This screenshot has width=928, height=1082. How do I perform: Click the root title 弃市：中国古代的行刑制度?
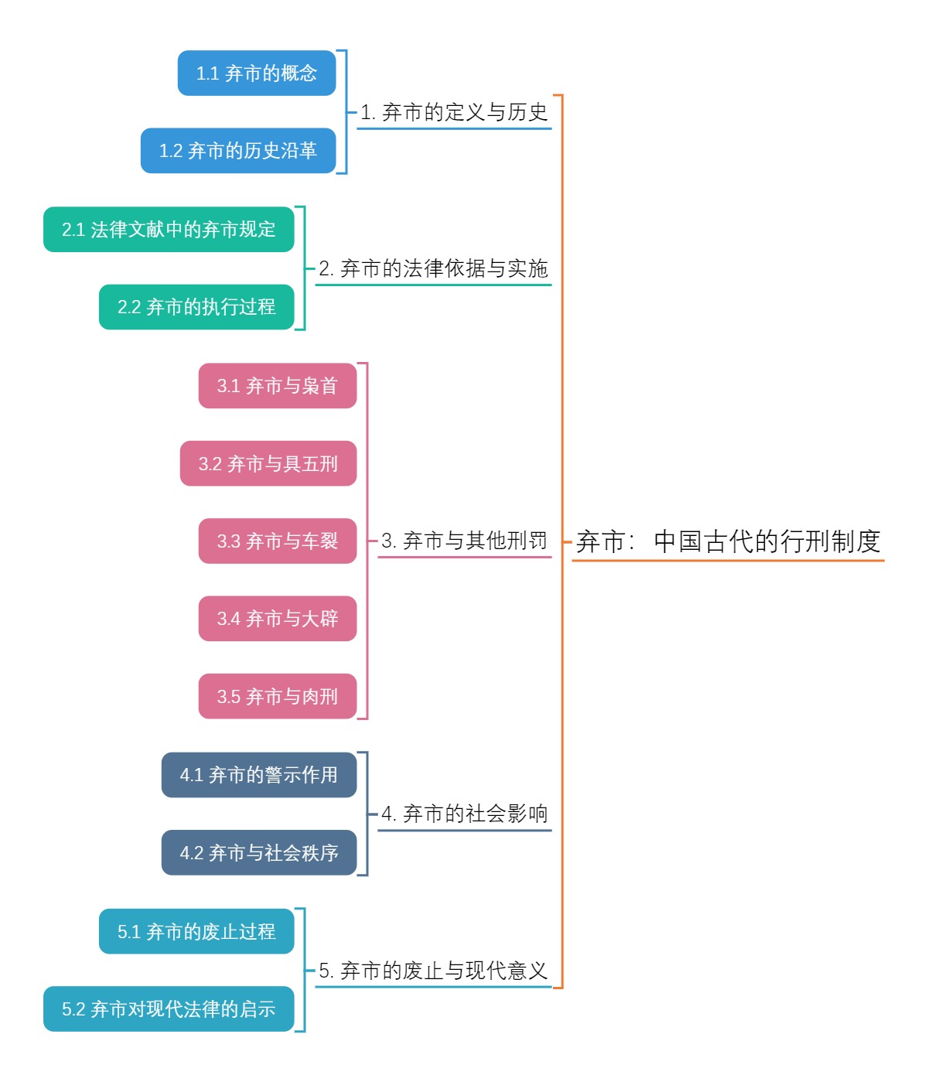click(x=728, y=541)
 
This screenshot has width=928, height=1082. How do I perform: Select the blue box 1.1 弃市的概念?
click(x=257, y=73)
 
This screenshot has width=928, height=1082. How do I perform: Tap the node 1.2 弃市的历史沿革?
click(x=238, y=151)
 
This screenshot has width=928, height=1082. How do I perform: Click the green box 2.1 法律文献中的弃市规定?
click(x=169, y=230)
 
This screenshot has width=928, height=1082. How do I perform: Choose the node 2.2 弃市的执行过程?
click(x=196, y=307)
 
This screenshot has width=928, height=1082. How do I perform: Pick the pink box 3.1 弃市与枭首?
click(x=278, y=386)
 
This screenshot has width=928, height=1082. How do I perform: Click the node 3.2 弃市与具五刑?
click(x=268, y=464)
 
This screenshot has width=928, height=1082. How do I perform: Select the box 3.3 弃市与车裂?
click(x=278, y=541)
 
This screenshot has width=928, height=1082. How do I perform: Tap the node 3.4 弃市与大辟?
click(x=278, y=619)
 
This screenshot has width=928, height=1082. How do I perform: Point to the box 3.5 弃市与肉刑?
click(x=278, y=697)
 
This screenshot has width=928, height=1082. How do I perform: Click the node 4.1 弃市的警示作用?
click(x=259, y=775)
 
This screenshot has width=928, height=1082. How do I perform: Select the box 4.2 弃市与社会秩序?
click(x=259, y=853)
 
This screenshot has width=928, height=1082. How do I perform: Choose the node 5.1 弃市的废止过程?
click(x=196, y=931)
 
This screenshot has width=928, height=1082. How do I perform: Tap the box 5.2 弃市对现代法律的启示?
click(x=169, y=1009)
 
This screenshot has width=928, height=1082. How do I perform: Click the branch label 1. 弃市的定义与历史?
click(x=454, y=113)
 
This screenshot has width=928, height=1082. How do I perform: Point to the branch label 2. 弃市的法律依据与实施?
click(x=433, y=269)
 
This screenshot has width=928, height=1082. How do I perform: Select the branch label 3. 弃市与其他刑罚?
click(x=464, y=541)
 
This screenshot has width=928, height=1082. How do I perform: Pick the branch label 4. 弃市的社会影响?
click(x=464, y=814)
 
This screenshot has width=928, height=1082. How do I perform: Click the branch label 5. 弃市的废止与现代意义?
click(x=433, y=971)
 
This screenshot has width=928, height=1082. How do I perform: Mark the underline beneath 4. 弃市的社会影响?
click(x=464, y=831)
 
